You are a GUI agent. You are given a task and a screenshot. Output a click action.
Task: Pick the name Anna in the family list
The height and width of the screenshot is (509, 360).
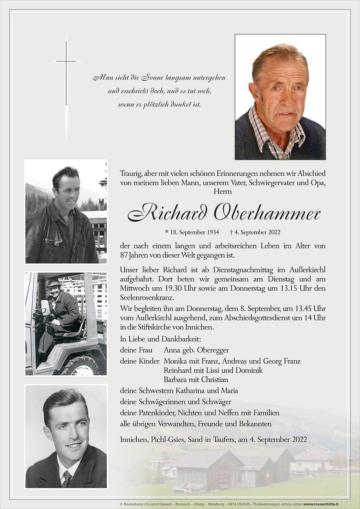pos(171,350)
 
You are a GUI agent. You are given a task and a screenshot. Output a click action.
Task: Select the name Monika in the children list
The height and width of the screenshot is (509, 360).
pos(175,361)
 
